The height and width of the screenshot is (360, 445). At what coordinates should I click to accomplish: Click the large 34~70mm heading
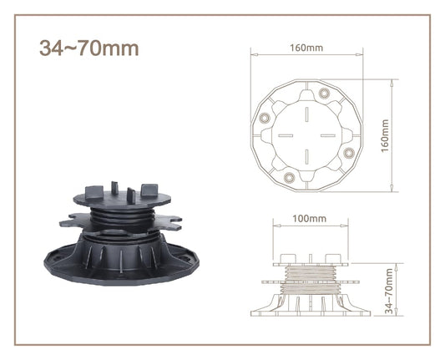pos(89,48)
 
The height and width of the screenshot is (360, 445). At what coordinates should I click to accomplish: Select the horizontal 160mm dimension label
pos(306,48)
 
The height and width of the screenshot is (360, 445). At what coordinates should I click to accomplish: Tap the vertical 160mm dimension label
pos(385,135)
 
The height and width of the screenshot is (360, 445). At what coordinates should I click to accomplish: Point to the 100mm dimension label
pos(310,218)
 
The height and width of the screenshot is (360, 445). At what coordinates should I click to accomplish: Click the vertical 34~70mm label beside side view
pos(389,292)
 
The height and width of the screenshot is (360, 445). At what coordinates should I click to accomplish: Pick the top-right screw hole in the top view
pos(324,94)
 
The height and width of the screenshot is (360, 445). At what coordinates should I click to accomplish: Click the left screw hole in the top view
pos(265,118)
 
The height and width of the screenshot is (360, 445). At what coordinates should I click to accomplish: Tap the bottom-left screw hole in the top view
pos(289,178)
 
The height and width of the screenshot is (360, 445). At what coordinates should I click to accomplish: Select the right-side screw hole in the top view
pos(349,153)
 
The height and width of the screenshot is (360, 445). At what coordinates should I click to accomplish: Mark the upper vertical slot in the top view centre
pos(306,114)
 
